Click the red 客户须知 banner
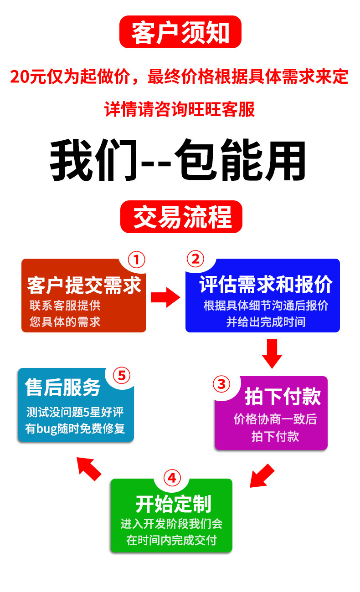(180, 32)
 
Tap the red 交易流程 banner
(181, 217)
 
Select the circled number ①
(136, 260)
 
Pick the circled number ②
(195, 259)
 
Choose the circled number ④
(171, 478)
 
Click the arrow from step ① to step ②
(165, 297)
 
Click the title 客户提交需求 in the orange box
(84, 286)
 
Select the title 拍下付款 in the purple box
(283, 397)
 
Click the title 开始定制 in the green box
(173, 504)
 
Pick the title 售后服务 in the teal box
(63, 388)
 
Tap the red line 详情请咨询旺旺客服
(180, 110)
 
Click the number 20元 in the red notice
(26, 77)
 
